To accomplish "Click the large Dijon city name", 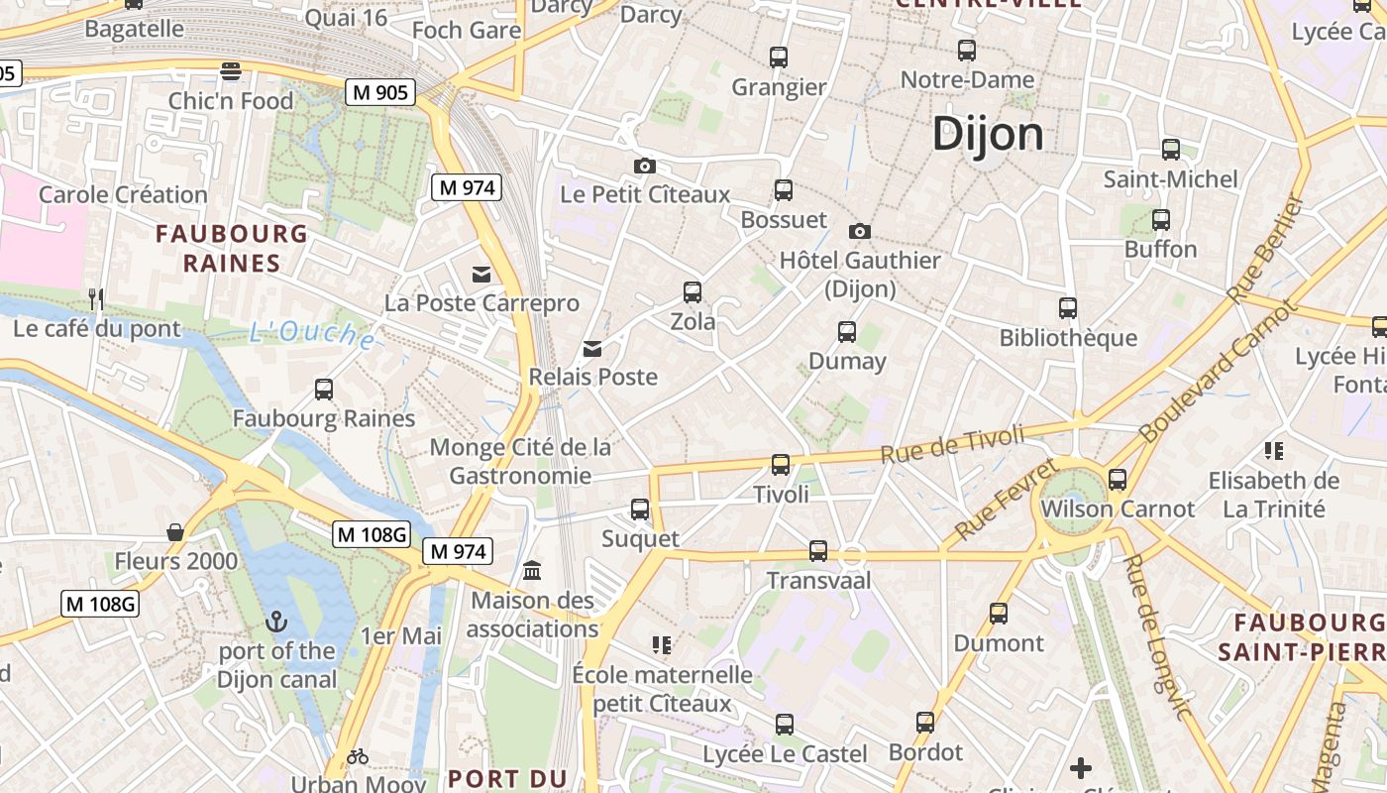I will (x=988, y=134).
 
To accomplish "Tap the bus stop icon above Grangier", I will (x=779, y=57).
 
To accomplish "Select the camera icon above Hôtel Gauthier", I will (x=860, y=231).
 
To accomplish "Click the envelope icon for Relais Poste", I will (x=592, y=348).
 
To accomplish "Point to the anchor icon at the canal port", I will (x=276, y=622).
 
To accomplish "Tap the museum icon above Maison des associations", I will (x=532, y=570).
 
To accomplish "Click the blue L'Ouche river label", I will (x=311, y=334).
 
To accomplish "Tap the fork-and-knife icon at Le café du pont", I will (x=96, y=298).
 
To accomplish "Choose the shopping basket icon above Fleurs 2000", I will (x=175, y=532).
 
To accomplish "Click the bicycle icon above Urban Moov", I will (x=358, y=757).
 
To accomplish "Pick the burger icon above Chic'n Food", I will (x=231, y=70).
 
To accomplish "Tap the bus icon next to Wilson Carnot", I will (x=1118, y=480).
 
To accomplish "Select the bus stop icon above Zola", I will (x=693, y=292).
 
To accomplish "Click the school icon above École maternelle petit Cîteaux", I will (x=662, y=645).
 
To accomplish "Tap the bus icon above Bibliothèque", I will (x=1067, y=308).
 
